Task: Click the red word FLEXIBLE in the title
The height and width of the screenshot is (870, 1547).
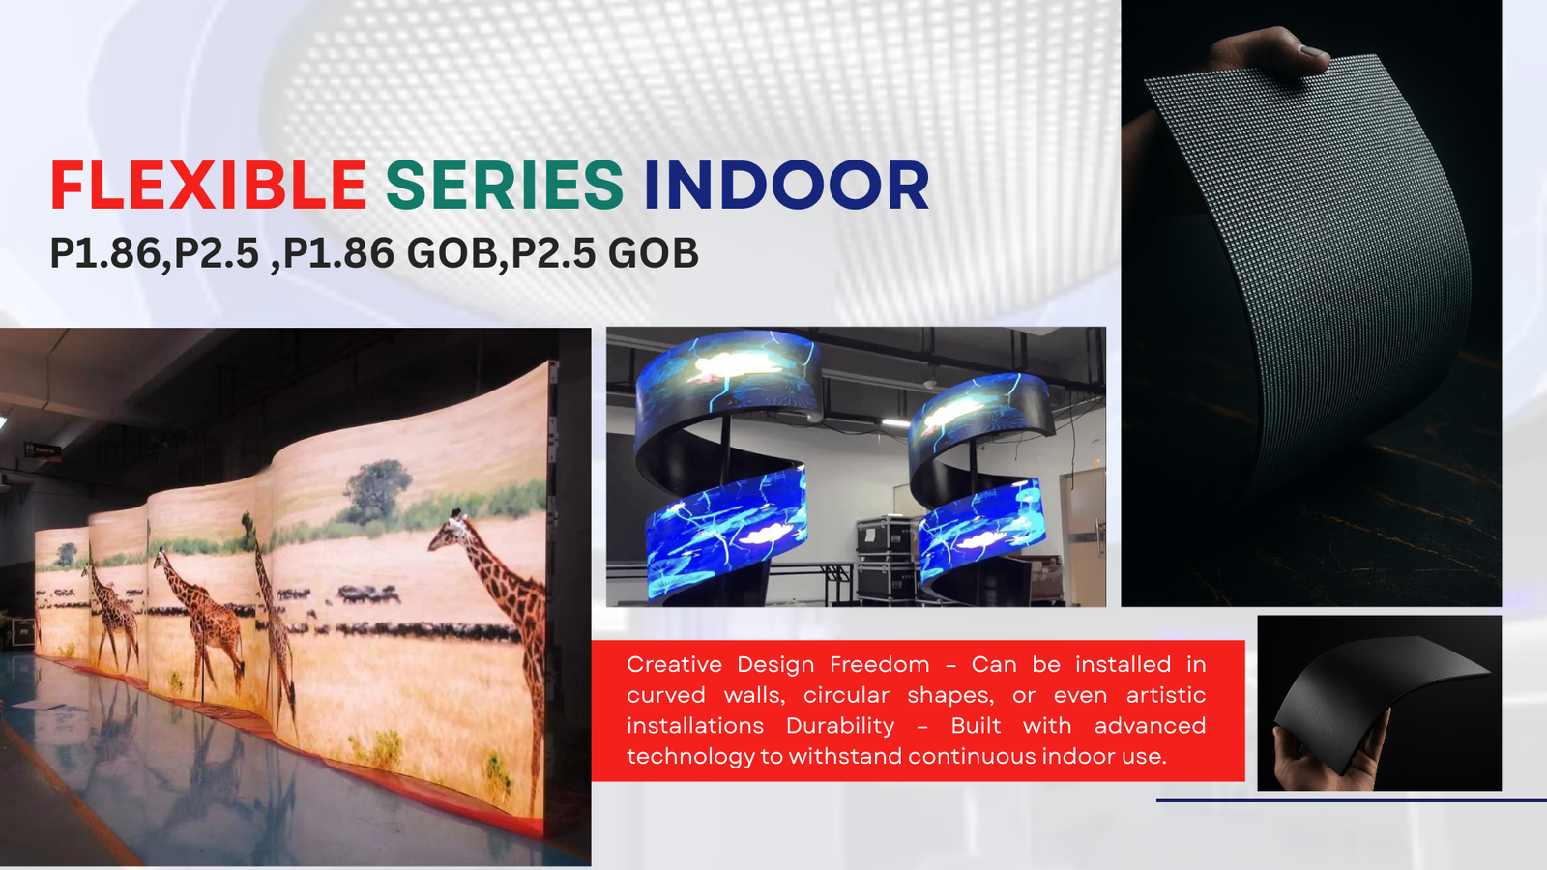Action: tap(208, 185)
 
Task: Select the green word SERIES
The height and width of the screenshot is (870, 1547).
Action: tap(505, 185)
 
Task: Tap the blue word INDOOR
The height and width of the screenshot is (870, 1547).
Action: tap(787, 185)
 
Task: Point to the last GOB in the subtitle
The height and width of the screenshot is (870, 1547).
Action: tap(654, 253)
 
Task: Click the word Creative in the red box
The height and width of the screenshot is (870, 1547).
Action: tap(674, 664)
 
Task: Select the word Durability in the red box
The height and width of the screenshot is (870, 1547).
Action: tap(840, 726)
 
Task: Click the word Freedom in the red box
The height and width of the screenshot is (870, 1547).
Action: tap(879, 664)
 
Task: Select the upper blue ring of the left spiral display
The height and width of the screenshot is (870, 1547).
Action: tap(729, 376)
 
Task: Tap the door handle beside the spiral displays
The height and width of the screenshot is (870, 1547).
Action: tap(1097, 536)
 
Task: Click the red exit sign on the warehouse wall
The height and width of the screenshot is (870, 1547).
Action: tap(43, 450)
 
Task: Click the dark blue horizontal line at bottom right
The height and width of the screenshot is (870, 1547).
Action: tap(1352, 800)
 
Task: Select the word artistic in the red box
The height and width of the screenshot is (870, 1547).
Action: tap(1166, 695)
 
